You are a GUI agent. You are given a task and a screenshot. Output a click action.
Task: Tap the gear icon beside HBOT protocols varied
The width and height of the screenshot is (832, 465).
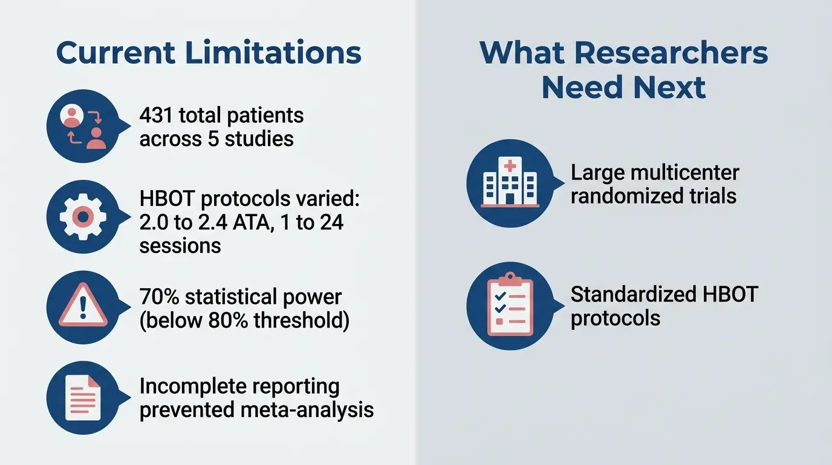[83, 216]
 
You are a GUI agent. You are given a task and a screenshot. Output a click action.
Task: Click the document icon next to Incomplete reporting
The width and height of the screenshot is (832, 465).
[83, 398]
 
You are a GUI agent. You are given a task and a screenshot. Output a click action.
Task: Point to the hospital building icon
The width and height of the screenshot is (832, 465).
[510, 183]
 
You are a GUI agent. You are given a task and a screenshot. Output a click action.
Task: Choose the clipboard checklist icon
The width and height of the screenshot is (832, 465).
[510, 306]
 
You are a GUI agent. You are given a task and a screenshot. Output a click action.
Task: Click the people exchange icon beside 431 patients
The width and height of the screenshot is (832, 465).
[83, 127]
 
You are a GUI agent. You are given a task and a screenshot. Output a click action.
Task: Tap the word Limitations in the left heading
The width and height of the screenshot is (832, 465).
[273, 53]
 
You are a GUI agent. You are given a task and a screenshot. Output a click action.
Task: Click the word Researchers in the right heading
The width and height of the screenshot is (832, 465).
[671, 53]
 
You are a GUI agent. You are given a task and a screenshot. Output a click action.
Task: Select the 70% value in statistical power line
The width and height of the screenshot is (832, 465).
[159, 297]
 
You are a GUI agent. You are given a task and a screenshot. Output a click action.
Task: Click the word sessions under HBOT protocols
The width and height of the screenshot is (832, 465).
[180, 246]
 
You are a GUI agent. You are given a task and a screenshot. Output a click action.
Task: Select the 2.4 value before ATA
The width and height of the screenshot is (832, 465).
[201, 222]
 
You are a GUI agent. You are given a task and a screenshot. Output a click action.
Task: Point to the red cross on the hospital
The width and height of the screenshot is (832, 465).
[510, 166]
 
